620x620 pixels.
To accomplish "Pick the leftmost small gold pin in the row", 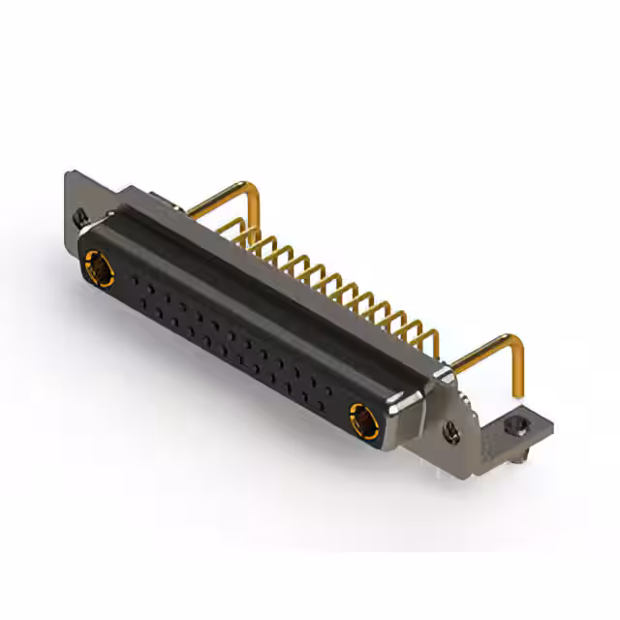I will tap(244, 237).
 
